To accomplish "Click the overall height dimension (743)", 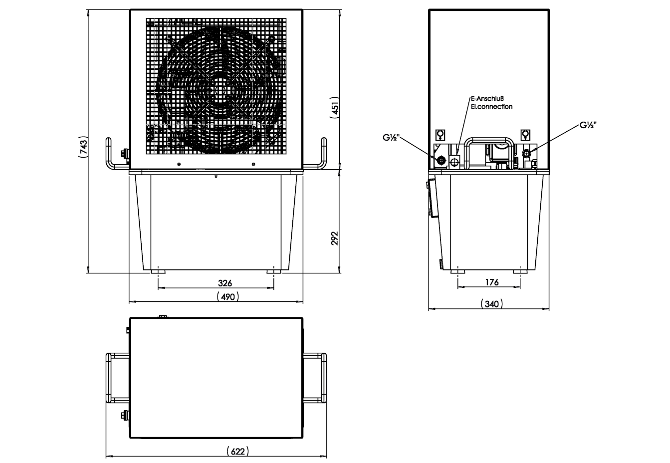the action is [83, 147].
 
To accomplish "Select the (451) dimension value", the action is [335, 107].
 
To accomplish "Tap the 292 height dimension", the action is [335, 238].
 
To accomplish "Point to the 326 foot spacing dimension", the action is [225, 283].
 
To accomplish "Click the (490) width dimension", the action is [228, 297].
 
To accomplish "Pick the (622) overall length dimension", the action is [238, 451].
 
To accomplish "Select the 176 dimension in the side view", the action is [492, 282].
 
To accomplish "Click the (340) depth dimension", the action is [492, 304].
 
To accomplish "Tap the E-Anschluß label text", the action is [487, 98].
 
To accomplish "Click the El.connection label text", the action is [492, 106].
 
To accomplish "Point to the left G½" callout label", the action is [391, 138].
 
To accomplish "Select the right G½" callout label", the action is [588, 125].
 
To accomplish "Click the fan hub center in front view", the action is [221, 90].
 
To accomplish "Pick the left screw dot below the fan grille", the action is [179, 164].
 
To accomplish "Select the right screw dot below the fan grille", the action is [253, 164].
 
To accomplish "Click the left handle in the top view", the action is [118, 378].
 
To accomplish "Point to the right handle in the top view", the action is [315, 378].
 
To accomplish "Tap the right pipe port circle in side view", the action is [526, 154].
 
